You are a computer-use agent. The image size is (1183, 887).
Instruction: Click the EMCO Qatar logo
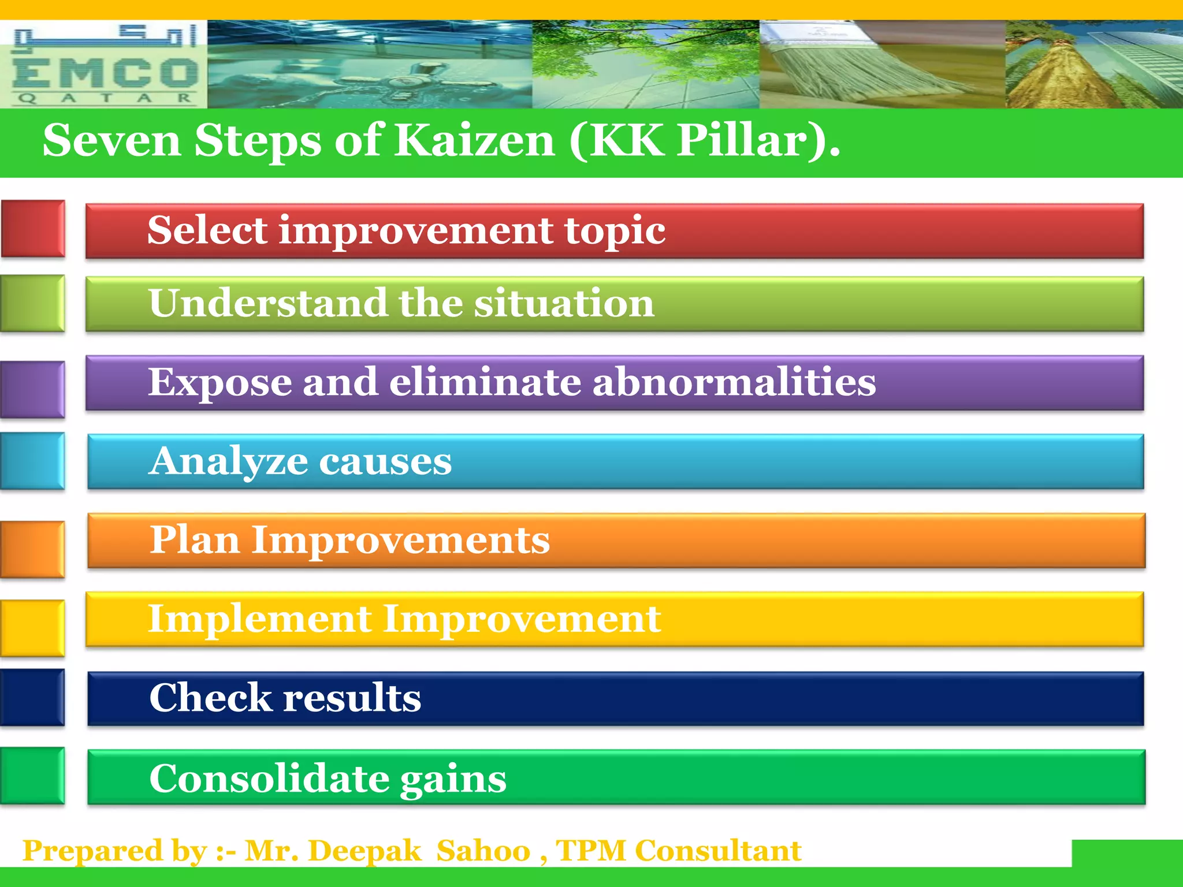pos(104,65)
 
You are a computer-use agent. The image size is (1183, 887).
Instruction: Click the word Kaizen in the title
pos(475,140)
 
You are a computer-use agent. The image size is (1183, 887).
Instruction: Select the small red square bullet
pos(33,229)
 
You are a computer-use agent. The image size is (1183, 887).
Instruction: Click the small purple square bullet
pos(33,389)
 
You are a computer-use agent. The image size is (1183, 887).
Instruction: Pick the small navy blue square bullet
pos(33,698)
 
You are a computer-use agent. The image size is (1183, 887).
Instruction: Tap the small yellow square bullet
pos(33,628)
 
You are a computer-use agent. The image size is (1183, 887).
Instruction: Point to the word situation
pos(564,303)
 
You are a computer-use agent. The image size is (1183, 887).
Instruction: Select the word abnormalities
pos(734,382)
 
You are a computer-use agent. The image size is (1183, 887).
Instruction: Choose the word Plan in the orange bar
pos(195,541)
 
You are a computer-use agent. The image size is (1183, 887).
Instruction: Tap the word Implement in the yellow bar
pos(260,619)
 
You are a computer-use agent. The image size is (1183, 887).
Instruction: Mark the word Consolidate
pos(269,778)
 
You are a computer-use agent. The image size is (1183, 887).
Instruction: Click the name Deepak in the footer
pos(364,851)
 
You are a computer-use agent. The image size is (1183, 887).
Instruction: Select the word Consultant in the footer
pos(718,851)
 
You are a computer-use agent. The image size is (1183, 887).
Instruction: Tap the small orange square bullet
pos(33,549)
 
